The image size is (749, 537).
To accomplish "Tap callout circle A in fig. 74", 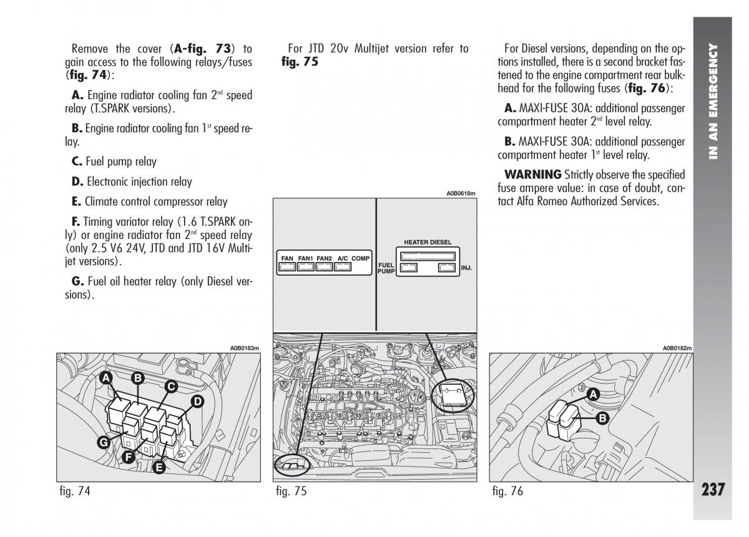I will (x=107, y=378).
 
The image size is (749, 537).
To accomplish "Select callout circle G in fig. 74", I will (x=104, y=443).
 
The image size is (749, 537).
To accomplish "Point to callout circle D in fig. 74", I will (x=197, y=402).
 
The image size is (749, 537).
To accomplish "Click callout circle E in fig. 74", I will (x=159, y=467).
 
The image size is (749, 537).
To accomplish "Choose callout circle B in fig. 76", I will (x=602, y=418).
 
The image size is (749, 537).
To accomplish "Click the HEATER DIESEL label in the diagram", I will (x=428, y=242).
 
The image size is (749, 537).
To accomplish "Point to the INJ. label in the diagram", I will (x=466, y=268).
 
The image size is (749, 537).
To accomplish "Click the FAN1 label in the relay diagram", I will (x=306, y=258).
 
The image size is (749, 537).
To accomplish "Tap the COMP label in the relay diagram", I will (x=360, y=258).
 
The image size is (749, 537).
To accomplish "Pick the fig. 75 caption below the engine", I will (x=291, y=491).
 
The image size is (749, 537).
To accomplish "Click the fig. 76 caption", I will (x=507, y=491).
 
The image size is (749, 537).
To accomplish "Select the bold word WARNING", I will (x=533, y=175).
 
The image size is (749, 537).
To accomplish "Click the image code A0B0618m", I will (x=461, y=194).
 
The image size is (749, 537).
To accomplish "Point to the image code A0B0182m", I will (x=678, y=348).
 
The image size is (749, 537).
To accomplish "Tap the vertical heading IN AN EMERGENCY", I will (x=713, y=100).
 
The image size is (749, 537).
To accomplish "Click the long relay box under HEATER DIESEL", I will (x=427, y=255).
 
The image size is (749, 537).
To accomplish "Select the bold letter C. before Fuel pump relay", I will (x=77, y=162).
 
